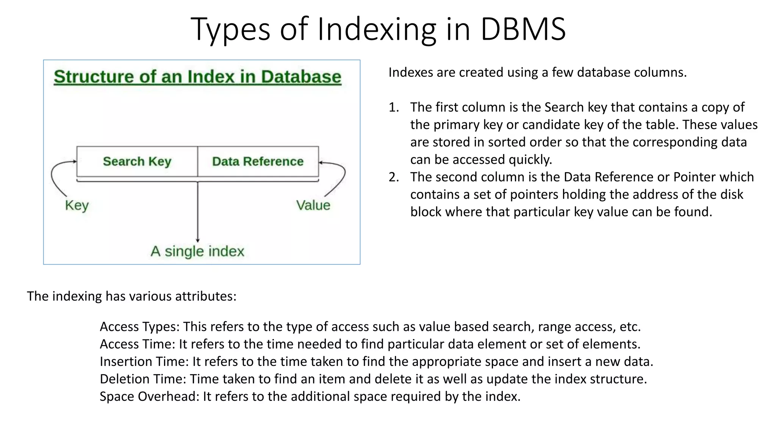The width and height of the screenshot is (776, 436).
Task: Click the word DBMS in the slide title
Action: [523, 29]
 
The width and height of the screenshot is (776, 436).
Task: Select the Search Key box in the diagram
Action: [137, 162]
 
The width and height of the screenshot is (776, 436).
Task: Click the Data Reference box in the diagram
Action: [258, 162]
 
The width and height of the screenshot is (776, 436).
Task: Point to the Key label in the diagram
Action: [77, 206]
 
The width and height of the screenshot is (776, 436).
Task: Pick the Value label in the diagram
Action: [313, 206]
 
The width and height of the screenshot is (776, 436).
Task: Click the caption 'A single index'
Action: [197, 251]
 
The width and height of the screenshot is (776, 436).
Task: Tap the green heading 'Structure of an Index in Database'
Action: [197, 77]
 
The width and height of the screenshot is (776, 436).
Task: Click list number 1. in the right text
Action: [394, 107]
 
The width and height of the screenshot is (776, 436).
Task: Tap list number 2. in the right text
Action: [394, 177]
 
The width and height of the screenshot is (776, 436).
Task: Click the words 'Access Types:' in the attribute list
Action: [139, 327]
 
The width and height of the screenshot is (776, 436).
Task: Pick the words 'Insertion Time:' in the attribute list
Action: [144, 361]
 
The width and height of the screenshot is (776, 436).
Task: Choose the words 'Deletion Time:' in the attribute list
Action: [143, 379]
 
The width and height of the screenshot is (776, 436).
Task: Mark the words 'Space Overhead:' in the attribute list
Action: [149, 396]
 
